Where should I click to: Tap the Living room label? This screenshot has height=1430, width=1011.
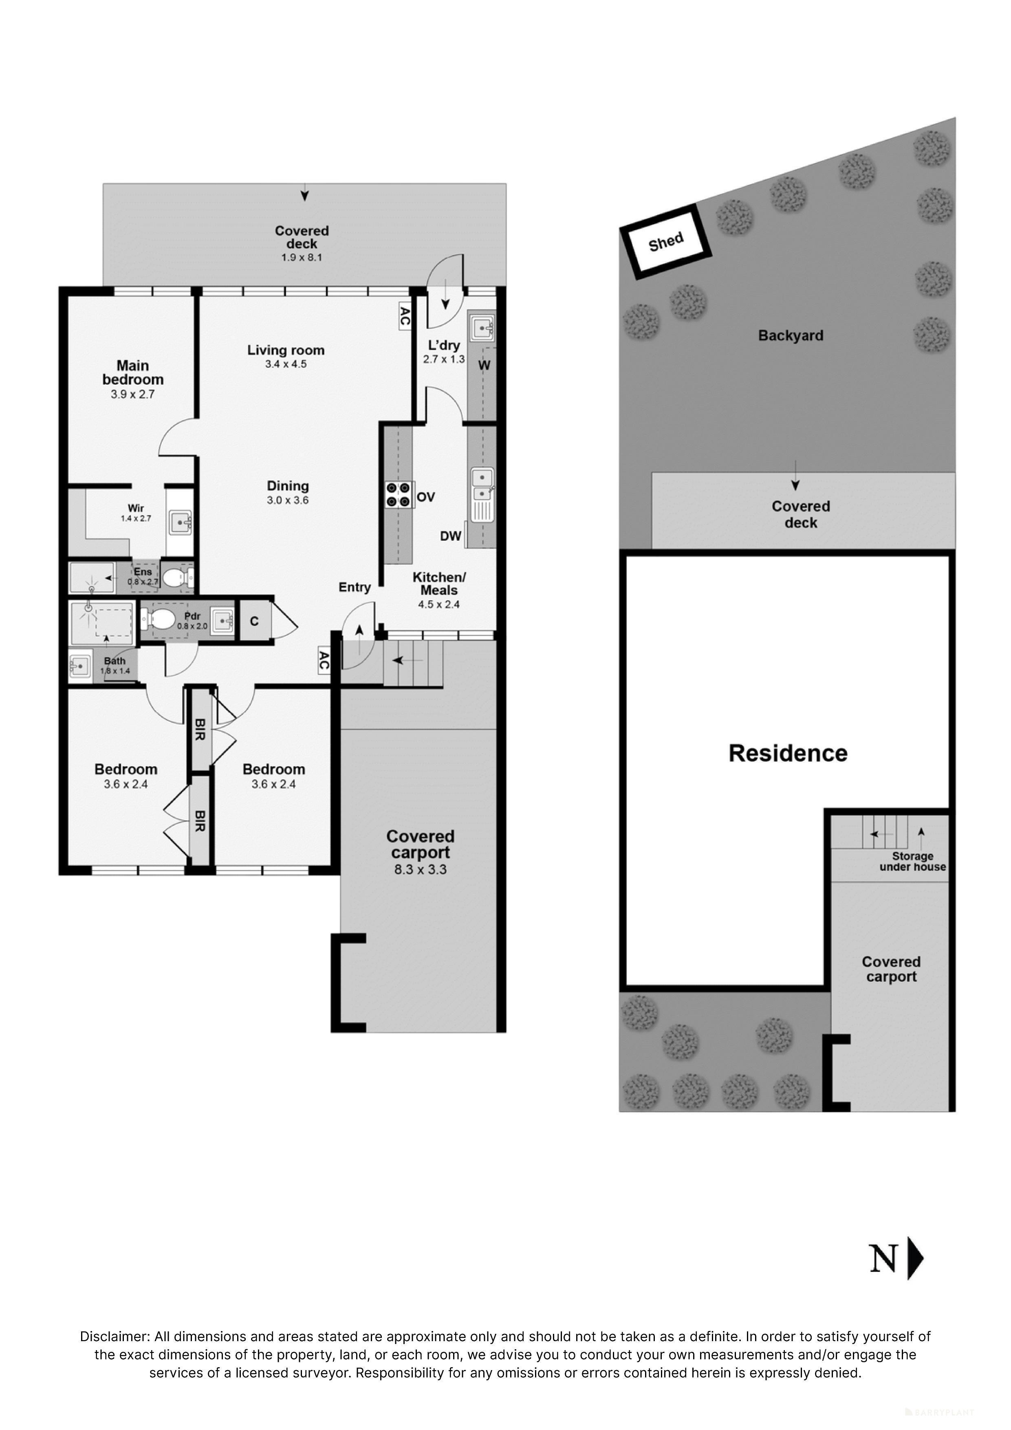click(x=286, y=350)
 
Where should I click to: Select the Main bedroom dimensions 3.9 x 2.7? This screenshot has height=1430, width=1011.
click(x=133, y=394)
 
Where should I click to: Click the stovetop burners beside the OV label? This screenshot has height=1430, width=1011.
click(x=399, y=494)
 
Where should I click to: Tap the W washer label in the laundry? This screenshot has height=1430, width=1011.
click(x=484, y=366)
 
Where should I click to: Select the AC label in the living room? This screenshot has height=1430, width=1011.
click(x=404, y=316)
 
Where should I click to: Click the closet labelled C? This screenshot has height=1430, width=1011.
click(x=254, y=621)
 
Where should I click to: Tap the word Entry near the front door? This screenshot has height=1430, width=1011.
click(x=355, y=587)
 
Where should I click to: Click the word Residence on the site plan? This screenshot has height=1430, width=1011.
click(x=788, y=753)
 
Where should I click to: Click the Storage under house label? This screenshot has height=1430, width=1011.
click(x=912, y=862)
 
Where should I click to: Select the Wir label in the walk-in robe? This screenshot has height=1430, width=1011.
click(x=136, y=508)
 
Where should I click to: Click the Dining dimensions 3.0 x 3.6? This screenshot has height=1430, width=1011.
click(x=288, y=500)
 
